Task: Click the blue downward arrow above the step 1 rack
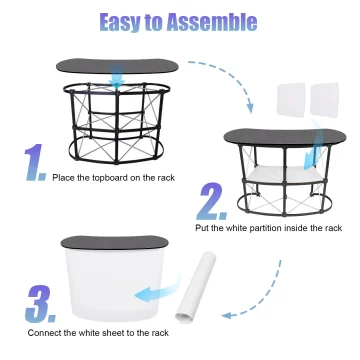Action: pos(117,76)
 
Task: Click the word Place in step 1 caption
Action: pos(64,176)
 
